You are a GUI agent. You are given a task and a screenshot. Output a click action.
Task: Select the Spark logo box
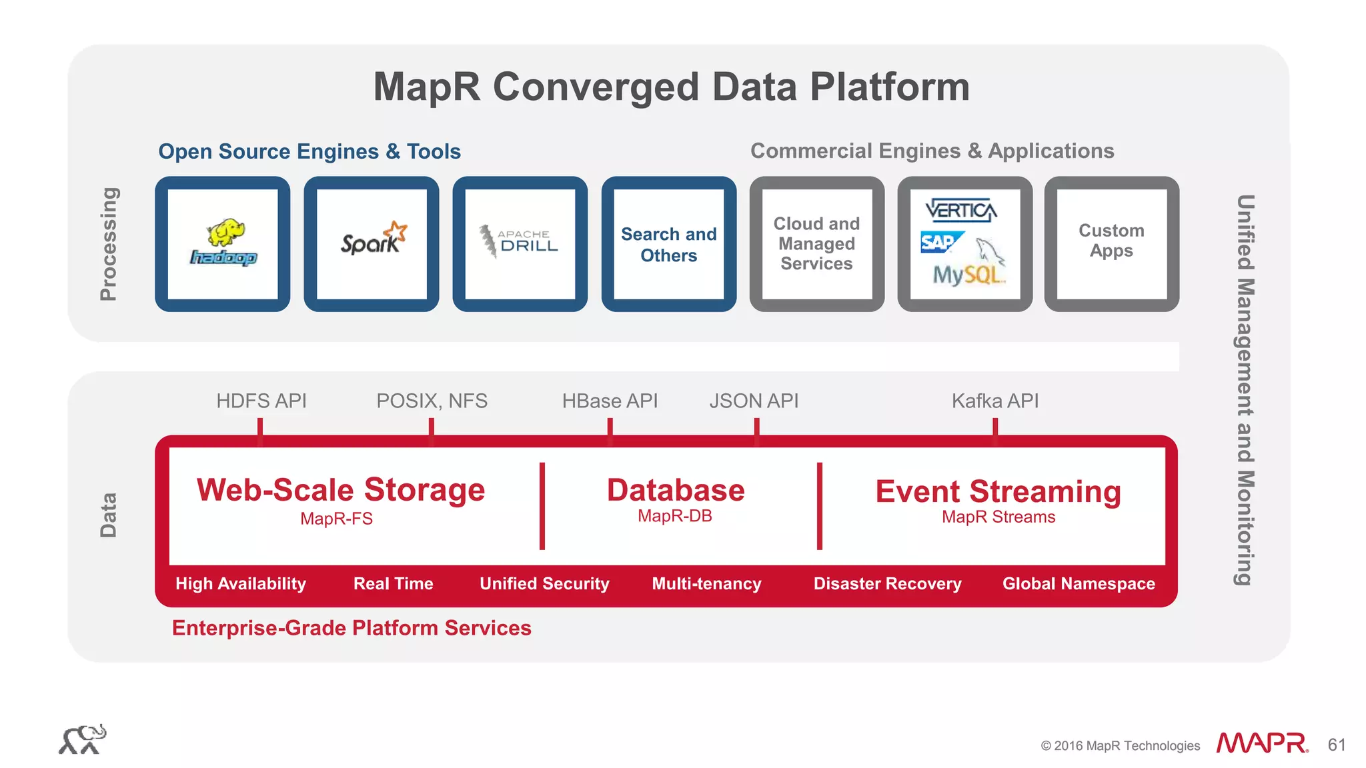372,244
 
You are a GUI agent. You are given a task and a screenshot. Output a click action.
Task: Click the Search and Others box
668,244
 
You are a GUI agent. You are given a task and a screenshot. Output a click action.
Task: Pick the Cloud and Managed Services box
816,244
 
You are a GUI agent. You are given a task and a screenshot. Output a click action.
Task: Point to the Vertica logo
961,211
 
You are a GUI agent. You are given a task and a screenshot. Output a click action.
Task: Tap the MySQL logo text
968,275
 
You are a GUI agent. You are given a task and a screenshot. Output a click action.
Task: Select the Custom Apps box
1111,244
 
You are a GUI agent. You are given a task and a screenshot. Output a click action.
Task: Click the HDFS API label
261,401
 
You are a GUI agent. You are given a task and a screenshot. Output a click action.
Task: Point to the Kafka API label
994,401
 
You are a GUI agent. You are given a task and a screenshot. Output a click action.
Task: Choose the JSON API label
754,401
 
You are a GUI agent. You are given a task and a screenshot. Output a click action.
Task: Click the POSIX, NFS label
432,401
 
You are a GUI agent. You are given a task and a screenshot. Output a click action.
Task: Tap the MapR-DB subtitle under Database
674,516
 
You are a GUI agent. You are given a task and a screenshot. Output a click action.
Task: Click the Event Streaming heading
998,492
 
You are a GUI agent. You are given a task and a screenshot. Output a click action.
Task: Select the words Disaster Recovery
887,584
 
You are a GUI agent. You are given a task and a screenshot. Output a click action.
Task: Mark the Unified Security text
544,584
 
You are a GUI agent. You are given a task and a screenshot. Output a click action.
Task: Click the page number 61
1336,745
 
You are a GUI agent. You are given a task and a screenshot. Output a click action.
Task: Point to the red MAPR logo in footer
1261,743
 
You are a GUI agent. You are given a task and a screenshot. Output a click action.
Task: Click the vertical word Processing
108,244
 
